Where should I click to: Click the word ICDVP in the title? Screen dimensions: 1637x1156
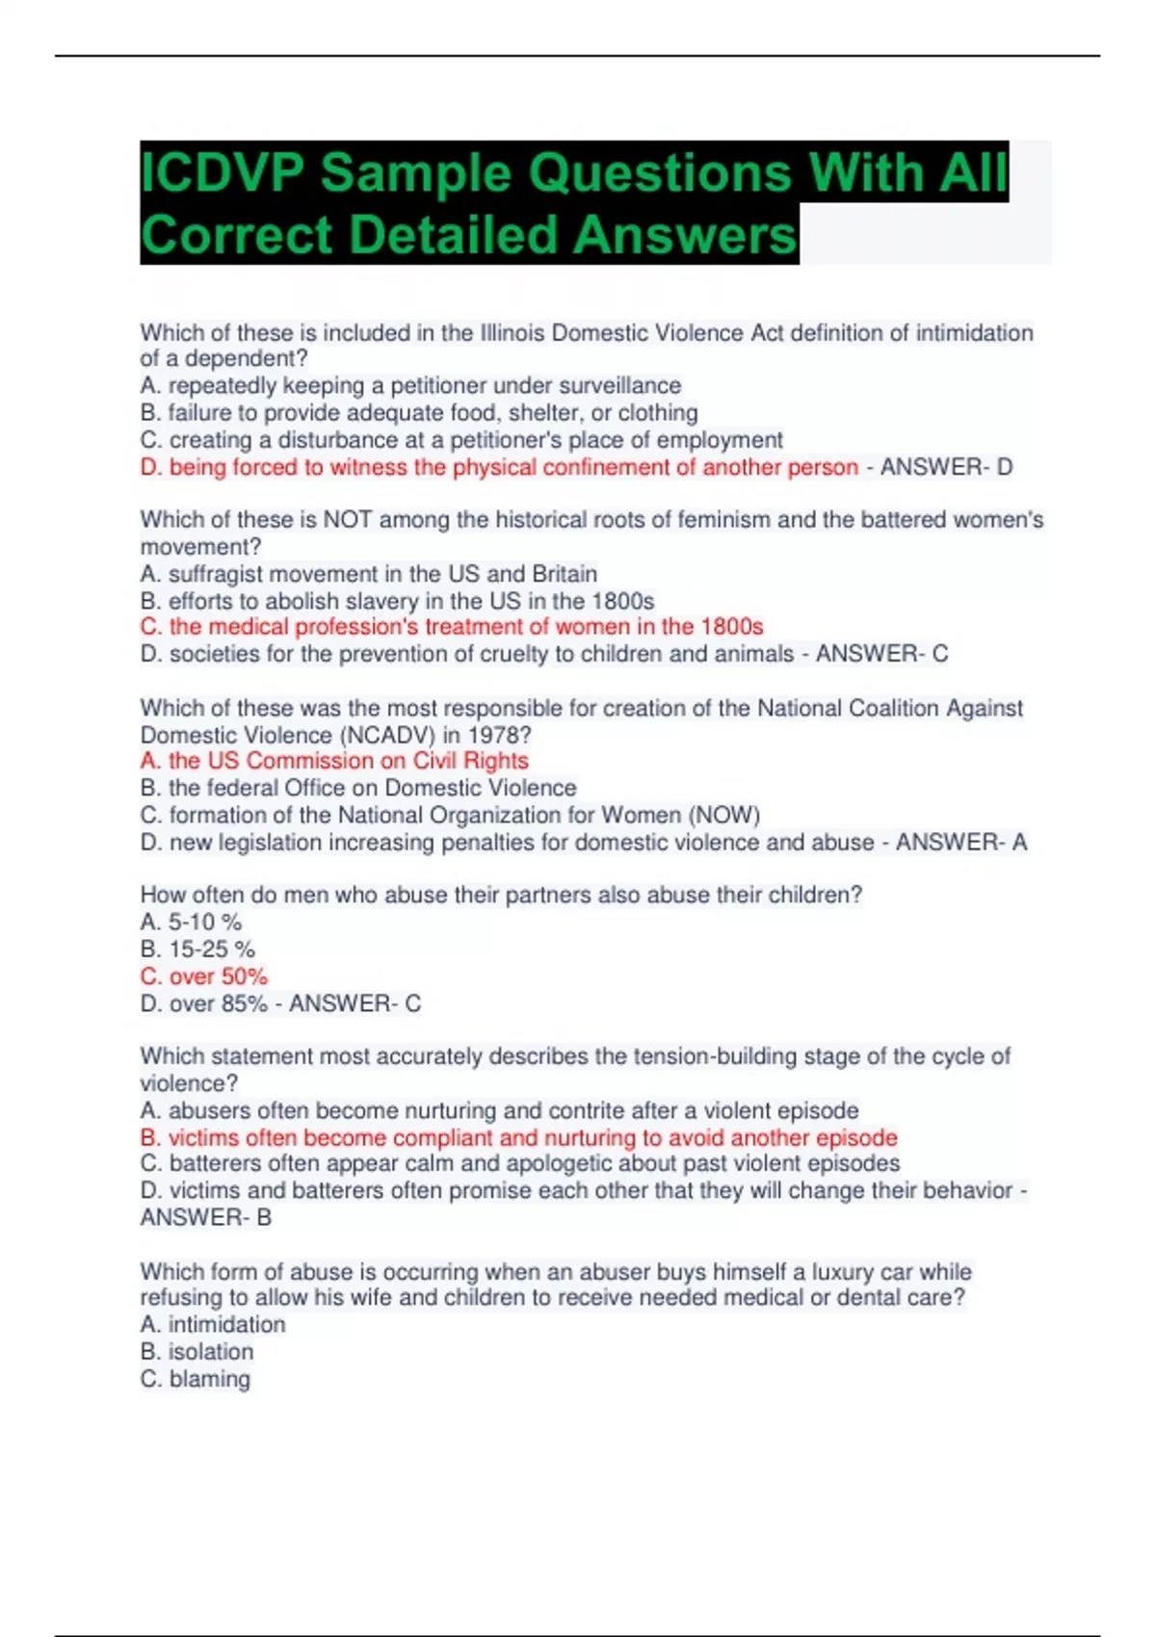[x=221, y=173]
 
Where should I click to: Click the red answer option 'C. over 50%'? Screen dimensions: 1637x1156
[x=204, y=976]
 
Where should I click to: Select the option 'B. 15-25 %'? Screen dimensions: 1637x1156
[x=197, y=949]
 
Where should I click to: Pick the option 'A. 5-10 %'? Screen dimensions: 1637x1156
[x=191, y=922]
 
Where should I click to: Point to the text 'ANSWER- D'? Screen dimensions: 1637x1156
[x=946, y=467]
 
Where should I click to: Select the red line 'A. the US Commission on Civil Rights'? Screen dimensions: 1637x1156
[x=334, y=761]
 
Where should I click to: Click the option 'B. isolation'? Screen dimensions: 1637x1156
[x=197, y=1352]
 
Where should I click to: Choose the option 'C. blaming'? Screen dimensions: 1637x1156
[x=196, y=1379]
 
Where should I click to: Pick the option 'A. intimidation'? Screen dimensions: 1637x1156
[x=213, y=1325]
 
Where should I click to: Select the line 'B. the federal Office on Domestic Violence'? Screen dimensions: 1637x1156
[x=358, y=788]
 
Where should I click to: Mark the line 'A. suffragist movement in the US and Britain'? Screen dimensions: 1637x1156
[x=369, y=574]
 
